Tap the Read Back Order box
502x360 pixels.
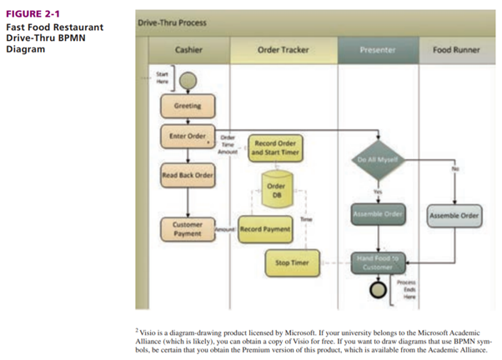point(188,175)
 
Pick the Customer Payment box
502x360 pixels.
point(187,227)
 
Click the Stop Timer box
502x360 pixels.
point(292,263)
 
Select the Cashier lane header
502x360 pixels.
point(188,50)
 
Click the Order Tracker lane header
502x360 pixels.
point(283,50)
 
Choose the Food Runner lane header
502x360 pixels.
point(456,50)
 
